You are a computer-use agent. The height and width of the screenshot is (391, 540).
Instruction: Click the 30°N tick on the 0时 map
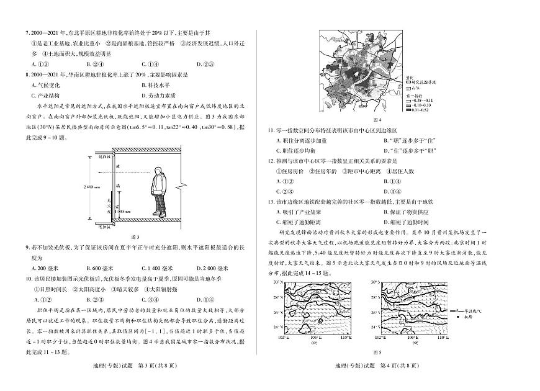click(276, 283)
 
